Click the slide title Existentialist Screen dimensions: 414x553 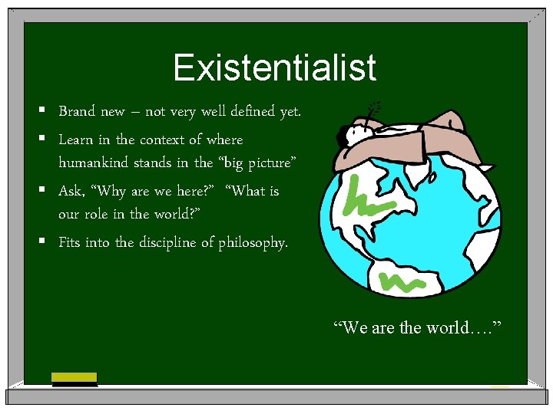click(275, 67)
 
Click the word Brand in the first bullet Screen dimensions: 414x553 click(77, 112)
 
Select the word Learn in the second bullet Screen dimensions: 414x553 click(76, 140)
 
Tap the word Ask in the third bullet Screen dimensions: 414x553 click(71, 191)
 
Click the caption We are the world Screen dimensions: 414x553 click(417, 328)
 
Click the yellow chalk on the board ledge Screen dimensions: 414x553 click(74, 377)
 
